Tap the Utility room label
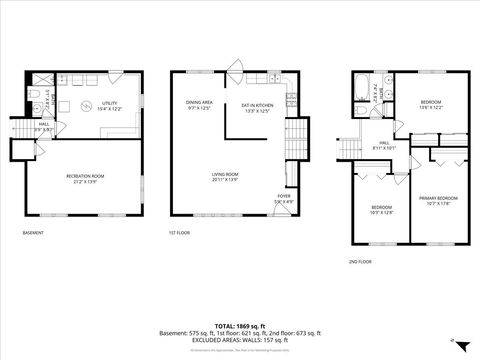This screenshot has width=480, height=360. point(109,105)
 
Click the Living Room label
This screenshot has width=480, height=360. point(224,177)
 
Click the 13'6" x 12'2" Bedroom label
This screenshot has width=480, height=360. point(431,105)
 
